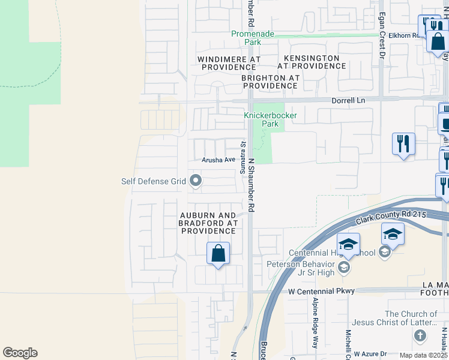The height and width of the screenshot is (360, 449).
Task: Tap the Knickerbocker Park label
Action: point(262,119)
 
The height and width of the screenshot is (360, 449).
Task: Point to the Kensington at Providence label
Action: point(311,62)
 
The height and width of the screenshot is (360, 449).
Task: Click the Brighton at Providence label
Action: point(270,82)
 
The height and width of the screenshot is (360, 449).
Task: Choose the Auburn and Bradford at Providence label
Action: point(208,223)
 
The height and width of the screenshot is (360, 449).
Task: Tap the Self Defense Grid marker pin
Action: point(195,180)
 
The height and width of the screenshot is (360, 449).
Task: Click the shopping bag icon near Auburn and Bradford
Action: point(218,253)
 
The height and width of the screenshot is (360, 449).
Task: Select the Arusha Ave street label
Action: point(218,160)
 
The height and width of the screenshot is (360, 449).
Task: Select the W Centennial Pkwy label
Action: point(321,291)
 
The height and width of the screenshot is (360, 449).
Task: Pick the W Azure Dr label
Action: point(372,355)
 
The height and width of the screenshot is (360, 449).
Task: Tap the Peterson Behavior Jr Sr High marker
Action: point(343,267)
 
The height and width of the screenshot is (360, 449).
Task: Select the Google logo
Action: point(20,353)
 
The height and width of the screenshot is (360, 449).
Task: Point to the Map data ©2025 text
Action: point(423,355)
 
